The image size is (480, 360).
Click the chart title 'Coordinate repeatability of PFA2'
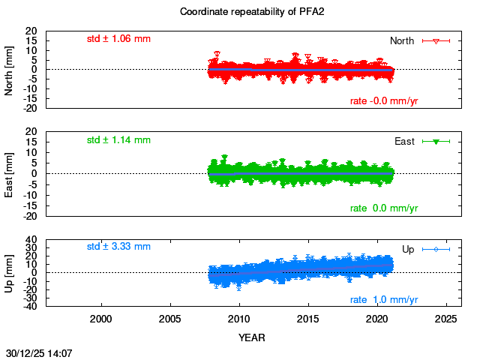(x=240, y=12)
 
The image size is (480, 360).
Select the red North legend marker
(x=435, y=40)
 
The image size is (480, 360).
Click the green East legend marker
(x=435, y=141)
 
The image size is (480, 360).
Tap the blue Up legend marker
(x=435, y=249)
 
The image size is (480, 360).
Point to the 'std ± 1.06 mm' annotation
(x=118, y=38)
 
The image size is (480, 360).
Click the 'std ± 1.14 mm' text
(x=118, y=139)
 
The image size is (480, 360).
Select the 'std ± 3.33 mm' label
(x=118, y=246)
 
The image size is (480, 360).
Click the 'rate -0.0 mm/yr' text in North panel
(x=384, y=101)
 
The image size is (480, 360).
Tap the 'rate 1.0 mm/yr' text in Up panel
(x=384, y=300)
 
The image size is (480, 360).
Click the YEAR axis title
(x=251, y=337)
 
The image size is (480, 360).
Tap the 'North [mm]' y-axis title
(x=10, y=70)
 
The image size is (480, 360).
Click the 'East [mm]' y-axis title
(x=10, y=173)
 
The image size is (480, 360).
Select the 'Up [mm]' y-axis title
(x=10, y=273)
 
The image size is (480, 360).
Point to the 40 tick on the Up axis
(x=32, y=241)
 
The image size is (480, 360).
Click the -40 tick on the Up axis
(x=31, y=306)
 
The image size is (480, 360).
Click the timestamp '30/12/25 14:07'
(x=39, y=352)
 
